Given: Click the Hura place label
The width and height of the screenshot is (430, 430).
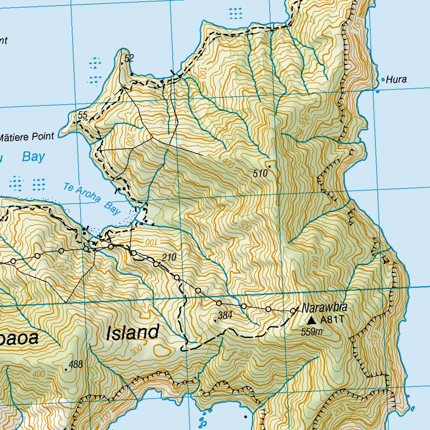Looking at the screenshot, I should point(396,79).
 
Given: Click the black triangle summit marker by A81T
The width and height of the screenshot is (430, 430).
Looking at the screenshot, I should point(311,320).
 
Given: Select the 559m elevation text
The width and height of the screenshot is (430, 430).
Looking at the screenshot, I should point(312,332).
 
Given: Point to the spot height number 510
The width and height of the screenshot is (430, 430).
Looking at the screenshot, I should point(260,173).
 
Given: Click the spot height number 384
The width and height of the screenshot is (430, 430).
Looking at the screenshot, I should point(225,315).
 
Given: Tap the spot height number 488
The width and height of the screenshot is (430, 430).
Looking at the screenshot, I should point(76,364).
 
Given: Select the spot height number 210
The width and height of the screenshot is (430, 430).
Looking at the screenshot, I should point(169,257).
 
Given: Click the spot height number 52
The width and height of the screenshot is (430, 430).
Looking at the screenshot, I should point(129,58).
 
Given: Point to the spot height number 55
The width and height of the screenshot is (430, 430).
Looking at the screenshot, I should point(82,115).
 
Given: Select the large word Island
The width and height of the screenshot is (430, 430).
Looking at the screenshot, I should point(132,333).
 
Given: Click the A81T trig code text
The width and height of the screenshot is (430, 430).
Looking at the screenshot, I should point(332,320).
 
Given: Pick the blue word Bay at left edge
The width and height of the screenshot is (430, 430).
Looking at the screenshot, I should point(33,157).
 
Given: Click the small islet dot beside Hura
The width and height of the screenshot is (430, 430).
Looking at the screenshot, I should point(383,79).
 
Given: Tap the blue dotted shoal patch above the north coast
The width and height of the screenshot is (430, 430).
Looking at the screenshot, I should point(235,13).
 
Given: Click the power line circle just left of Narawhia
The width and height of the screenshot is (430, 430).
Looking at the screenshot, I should point(293,311).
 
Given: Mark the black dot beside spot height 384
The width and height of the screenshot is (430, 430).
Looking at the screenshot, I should point(215,320).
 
